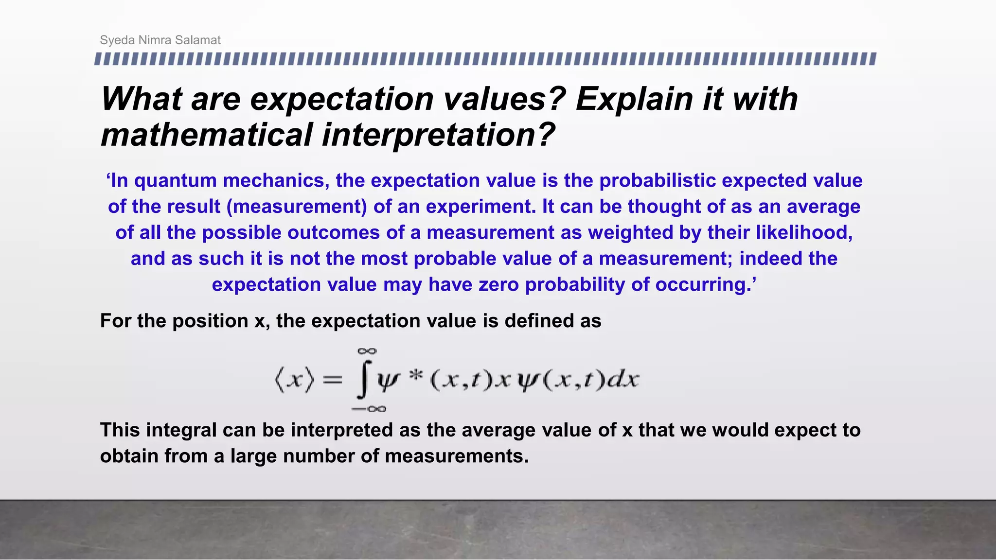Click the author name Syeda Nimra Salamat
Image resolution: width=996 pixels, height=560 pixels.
tap(160, 40)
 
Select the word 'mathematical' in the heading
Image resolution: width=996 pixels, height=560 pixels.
tap(206, 135)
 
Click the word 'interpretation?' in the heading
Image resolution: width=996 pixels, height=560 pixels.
tap(438, 135)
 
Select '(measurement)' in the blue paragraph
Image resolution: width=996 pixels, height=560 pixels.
tap(297, 207)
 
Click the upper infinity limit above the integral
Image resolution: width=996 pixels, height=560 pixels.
tap(367, 351)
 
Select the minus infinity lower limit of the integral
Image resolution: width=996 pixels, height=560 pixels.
tap(369, 409)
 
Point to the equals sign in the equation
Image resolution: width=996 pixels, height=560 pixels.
tap(332, 380)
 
